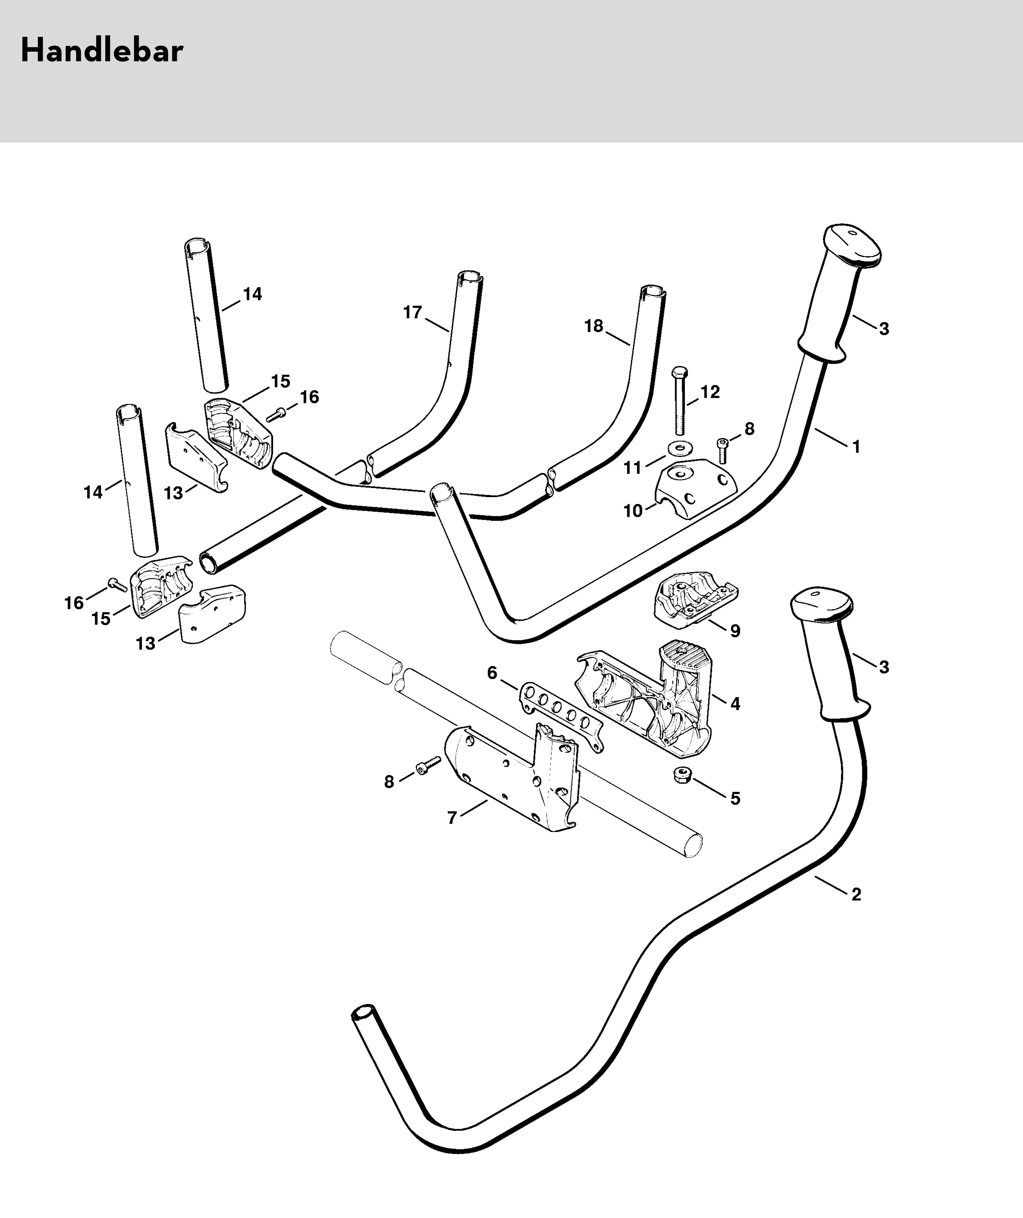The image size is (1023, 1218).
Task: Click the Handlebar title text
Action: (102, 51)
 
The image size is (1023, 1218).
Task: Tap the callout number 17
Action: (413, 313)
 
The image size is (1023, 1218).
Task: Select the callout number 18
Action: (593, 326)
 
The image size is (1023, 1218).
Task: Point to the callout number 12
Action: (710, 392)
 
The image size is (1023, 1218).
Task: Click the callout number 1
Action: (856, 447)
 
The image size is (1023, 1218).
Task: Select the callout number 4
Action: (735, 704)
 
